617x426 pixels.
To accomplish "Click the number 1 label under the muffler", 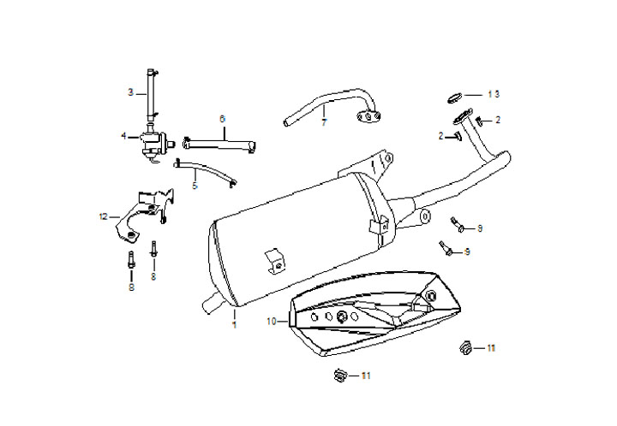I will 232,326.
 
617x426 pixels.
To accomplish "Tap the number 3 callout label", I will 130,92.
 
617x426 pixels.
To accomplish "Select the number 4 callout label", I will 123,135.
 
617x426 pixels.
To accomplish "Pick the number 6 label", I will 222,118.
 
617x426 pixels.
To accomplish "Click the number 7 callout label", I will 324,122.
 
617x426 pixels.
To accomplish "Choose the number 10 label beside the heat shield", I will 272,322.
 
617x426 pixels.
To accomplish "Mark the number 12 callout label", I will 104,216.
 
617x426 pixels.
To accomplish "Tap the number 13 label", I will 493,92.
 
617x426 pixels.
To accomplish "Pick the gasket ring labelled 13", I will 455,95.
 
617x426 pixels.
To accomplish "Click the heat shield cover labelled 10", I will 377,317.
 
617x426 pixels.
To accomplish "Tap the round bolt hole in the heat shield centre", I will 343,317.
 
